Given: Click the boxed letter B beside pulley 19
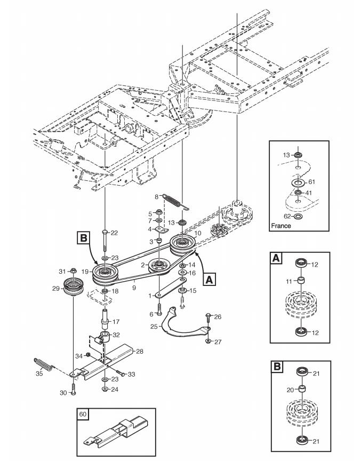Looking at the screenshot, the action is coord(83,237).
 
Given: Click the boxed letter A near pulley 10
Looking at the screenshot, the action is coord(209,279).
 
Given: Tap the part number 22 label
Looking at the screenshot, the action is coord(114,233).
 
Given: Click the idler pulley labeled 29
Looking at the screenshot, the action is coord(74,286).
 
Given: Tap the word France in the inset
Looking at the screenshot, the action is coord(281,226).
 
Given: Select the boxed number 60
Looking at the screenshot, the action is coord(83,414).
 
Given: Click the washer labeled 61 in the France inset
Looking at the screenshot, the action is coord(298,183).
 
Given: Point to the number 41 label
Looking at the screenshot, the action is coord(309,193).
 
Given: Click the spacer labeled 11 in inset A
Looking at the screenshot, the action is coord(302,281).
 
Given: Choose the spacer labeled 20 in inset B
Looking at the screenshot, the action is coord(302,389).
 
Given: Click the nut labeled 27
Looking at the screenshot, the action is coord(208,341).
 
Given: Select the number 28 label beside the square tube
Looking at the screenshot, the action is coord(140,351).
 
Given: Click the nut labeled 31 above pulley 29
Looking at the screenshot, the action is coord(73,271).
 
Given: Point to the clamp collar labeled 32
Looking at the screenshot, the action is coord(103,337).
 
